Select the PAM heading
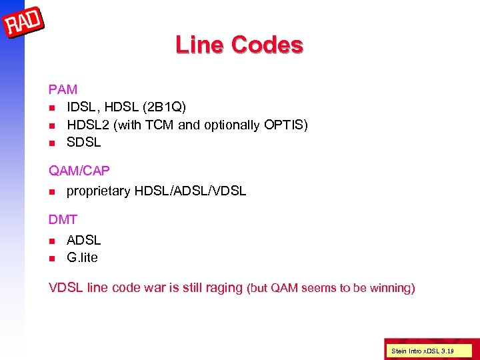(x=63, y=89)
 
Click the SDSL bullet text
(x=84, y=142)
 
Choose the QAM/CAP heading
(x=79, y=171)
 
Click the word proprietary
(x=98, y=191)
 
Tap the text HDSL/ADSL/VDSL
(x=190, y=191)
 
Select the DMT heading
(x=63, y=219)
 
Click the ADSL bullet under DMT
(x=84, y=239)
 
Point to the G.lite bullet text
(x=83, y=257)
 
